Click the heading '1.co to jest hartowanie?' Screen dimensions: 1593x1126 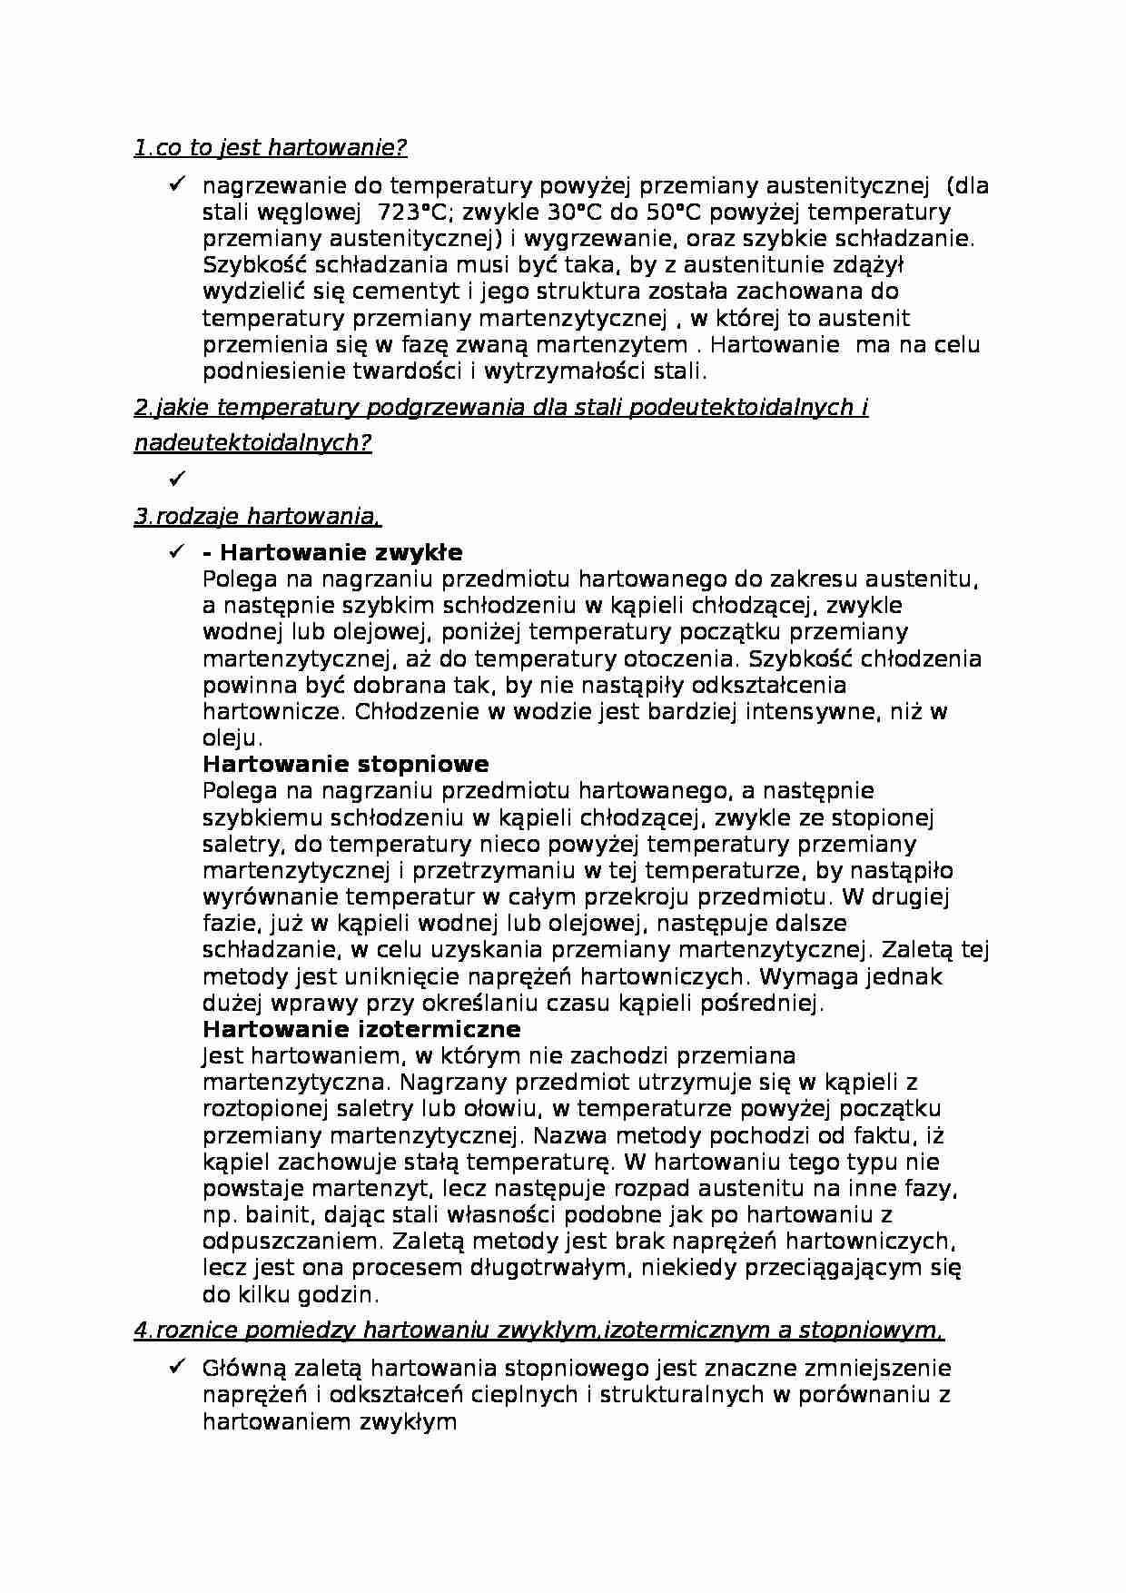[x=271, y=147]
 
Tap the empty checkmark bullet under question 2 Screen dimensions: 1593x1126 [x=176, y=477]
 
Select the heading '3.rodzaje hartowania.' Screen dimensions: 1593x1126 [x=257, y=517]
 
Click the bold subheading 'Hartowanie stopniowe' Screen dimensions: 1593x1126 [x=345, y=764]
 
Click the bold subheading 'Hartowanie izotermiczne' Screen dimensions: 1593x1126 [x=361, y=1029]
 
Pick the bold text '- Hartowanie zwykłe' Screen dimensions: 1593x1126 [x=332, y=552]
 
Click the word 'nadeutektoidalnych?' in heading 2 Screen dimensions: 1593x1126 [x=252, y=443]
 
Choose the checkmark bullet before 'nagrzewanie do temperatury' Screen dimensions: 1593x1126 [x=176, y=185]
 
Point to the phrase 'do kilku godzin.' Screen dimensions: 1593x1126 [x=291, y=1294]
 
